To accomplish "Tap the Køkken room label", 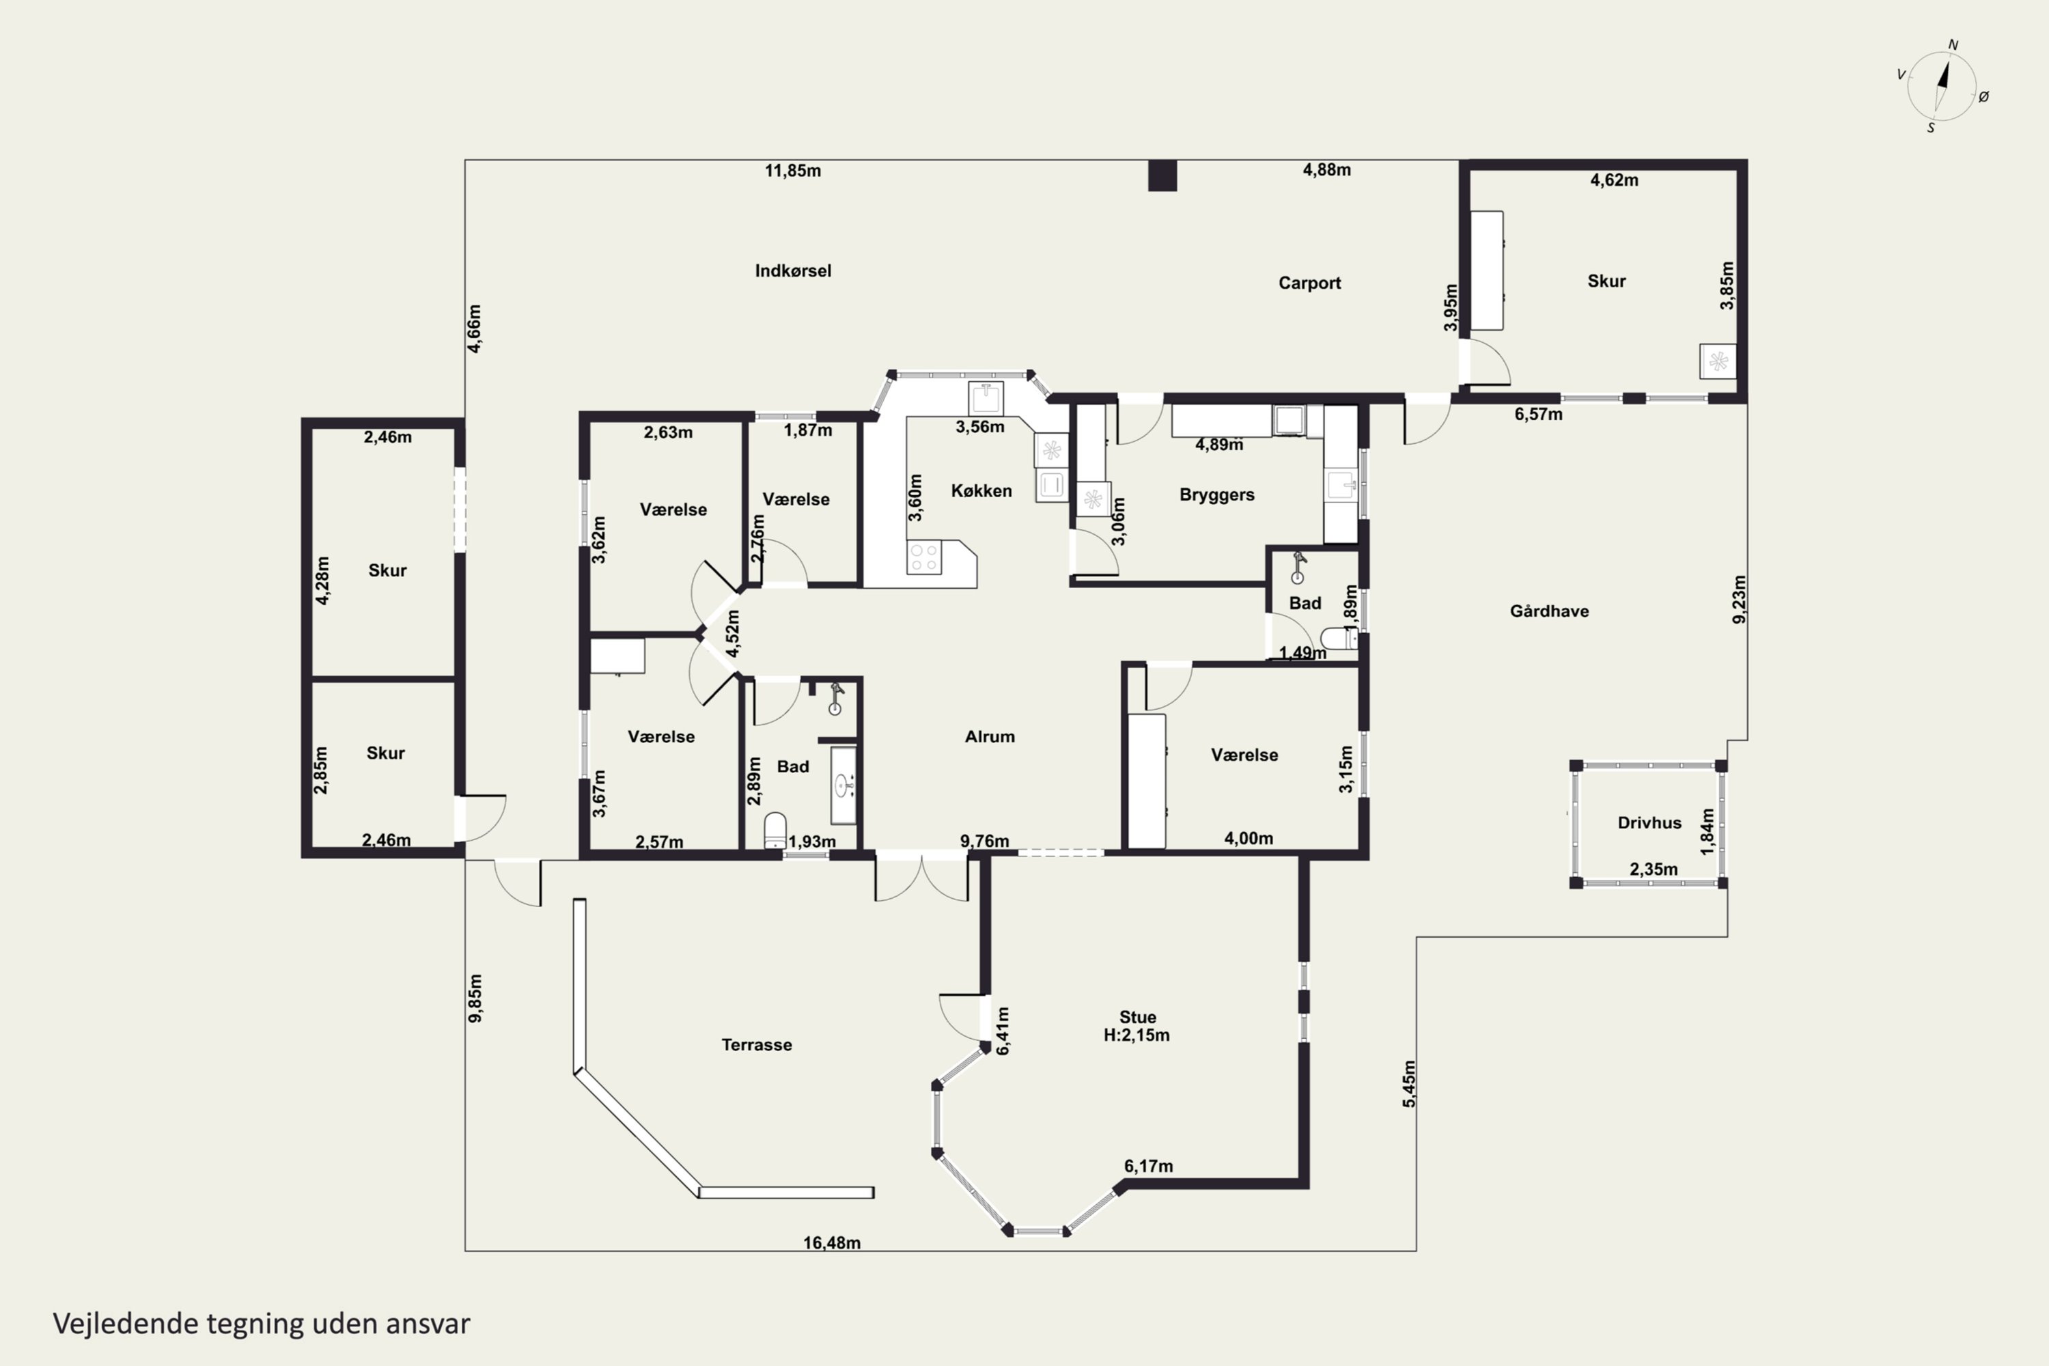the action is point(981,491).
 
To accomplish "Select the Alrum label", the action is point(990,737).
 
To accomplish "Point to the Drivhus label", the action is point(1649,822).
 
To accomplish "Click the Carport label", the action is point(1309,283).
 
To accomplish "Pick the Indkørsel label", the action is point(793,271).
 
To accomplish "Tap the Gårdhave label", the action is point(1549,611).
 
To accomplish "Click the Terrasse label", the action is point(756,1044).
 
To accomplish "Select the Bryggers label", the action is point(1217,494).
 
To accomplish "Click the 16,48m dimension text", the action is point(832,1243).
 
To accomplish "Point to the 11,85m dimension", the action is point(793,171).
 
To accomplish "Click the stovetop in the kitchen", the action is point(924,557).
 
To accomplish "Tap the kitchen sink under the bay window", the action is point(986,398).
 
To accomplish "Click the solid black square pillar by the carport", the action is point(1162,175).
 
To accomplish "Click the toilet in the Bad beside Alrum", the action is point(775,831).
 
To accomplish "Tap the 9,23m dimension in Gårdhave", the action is point(1739,600).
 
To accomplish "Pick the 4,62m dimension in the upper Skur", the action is point(1615,180).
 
